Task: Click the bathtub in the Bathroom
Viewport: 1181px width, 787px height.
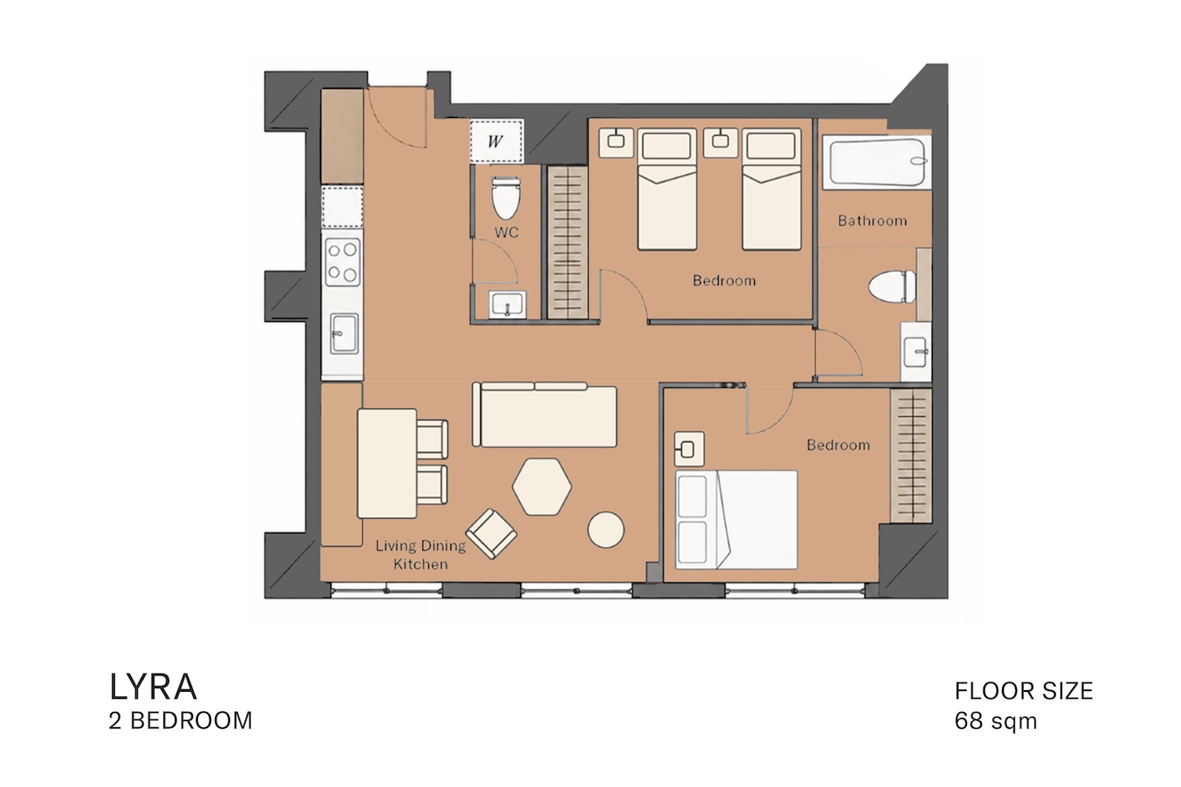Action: [x=877, y=162]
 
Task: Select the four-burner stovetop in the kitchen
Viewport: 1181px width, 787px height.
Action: [x=342, y=262]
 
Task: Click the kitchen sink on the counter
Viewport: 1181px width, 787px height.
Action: [x=344, y=334]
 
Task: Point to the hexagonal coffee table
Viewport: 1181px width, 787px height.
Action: [x=542, y=486]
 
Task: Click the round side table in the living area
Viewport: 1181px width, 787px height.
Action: [x=606, y=530]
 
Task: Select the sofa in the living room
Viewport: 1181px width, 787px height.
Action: [x=545, y=415]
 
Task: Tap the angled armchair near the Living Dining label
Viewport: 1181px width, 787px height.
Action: [x=491, y=534]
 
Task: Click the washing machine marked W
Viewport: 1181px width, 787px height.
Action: [x=496, y=141]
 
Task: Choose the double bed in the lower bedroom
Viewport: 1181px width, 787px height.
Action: [x=736, y=519]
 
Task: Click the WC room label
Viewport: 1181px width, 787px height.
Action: [x=507, y=232]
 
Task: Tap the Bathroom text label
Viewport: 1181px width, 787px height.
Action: [x=872, y=220]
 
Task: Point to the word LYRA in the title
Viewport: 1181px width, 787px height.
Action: [x=154, y=687]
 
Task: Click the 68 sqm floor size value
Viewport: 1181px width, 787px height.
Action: [x=995, y=721]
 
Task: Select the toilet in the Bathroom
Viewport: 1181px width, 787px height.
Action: [x=892, y=286]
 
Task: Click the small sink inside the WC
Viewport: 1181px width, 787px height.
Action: [x=507, y=305]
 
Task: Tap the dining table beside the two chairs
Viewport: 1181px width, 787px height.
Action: [x=387, y=464]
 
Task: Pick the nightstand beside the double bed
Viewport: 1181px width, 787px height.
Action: [x=689, y=449]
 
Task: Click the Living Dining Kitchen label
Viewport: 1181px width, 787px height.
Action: [x=420, y=555]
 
